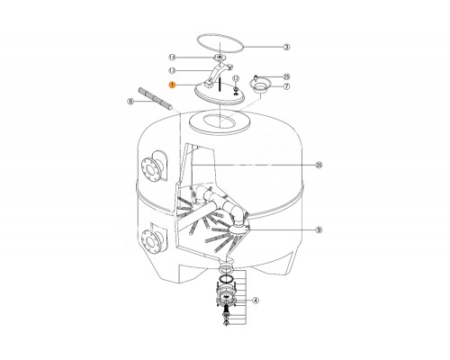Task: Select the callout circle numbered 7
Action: (x=287, y=86)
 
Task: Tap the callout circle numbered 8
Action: (x=130, y=102)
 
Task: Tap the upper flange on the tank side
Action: (x=152, y=169)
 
